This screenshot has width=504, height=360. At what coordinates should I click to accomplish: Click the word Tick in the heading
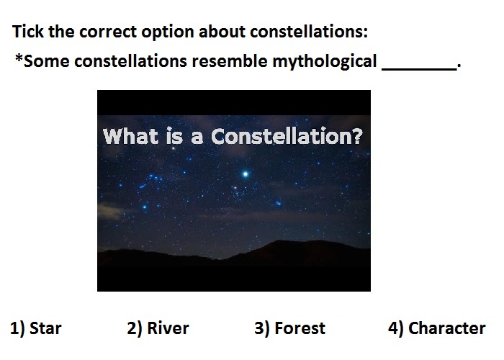(27, 32)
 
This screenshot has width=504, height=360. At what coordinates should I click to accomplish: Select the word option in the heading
(168, 32)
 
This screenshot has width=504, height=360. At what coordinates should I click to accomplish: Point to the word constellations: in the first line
(309, 32)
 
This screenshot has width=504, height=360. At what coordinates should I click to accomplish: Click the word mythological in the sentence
(324, 61)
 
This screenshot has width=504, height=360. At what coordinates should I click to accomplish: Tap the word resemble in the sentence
(229, 61)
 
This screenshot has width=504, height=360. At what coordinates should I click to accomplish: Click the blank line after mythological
(419, 68)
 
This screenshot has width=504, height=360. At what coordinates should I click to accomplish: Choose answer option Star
(45, 328)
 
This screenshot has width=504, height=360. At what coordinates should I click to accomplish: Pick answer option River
(168, 328)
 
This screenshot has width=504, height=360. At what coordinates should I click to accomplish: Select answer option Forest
(300, 328)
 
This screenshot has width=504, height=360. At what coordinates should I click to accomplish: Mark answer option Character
(447, 328)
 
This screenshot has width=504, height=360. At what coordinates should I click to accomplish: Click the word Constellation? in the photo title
(287, 136)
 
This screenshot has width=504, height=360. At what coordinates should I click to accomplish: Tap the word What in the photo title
(130, 136)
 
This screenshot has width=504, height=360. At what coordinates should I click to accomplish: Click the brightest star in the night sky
(246, 174)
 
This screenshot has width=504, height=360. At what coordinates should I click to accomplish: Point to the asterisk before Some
(19, 58)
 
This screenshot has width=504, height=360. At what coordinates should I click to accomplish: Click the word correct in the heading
(108, 32)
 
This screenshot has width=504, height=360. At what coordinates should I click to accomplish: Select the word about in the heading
(222, 32)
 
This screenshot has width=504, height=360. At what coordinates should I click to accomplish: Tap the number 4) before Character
(396, 328)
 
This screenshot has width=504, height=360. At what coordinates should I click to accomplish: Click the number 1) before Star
(17, 328)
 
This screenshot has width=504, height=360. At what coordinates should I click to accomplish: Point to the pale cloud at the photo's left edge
(109, 210)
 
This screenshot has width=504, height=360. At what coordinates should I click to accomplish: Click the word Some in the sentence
(47, 61)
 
